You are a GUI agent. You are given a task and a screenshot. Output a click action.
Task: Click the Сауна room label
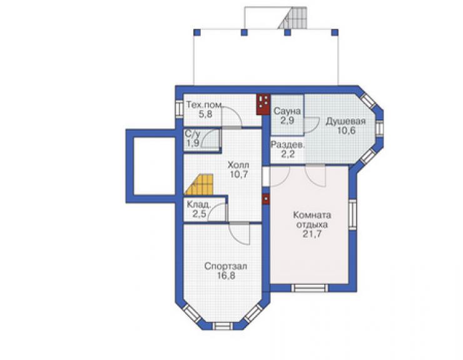point(287,111)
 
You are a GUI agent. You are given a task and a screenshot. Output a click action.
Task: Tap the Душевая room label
point(345,121)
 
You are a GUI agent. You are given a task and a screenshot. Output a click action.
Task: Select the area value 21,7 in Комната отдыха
point(312,234)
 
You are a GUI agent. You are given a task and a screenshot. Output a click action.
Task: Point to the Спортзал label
point(226,266)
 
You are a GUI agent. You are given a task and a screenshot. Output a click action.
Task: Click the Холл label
point(238,165)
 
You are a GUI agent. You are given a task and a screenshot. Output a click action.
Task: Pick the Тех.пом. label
point(205,105)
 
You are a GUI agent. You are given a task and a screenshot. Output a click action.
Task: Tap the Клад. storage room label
point(199,205)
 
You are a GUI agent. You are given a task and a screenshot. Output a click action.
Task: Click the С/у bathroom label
point(193,133)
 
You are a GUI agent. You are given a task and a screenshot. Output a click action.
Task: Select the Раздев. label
point(287,145)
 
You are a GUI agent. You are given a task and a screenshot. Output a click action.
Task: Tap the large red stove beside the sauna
point(263,105)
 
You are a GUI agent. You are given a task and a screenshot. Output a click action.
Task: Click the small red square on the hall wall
point(266,199)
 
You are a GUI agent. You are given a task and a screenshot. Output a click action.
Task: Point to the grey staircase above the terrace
point(292,18)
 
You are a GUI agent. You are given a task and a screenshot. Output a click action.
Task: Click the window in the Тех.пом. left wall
point(179,109)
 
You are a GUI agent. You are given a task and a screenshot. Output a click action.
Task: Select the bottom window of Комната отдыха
point(310,288)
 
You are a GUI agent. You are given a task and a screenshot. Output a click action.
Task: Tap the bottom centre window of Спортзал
point(223,326)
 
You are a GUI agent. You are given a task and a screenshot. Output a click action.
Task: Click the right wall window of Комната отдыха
point(352,215)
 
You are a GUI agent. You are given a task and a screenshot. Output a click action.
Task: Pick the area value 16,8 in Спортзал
point(226,275)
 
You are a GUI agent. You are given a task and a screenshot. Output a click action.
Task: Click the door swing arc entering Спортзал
point(240,235)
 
